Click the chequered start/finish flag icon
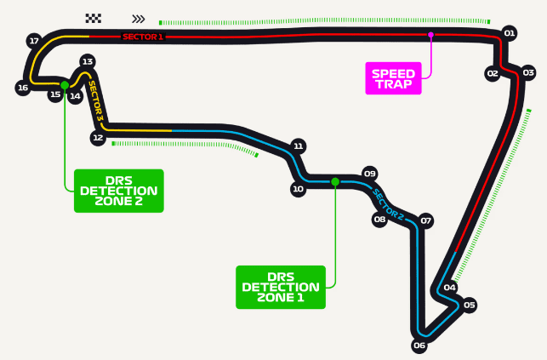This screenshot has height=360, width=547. coord(94,19)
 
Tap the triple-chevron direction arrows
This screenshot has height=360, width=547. coord(139,19)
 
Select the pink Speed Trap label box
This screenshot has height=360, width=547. coord(394,78)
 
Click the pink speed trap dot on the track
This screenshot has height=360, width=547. coord(430,35)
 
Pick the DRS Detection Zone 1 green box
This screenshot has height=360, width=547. coord(281,287)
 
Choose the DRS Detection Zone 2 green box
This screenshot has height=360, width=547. coord(119,191)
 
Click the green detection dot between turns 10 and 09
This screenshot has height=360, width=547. coord(335,182)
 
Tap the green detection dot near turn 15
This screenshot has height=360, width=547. coord(65,85)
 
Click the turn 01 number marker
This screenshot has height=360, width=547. coord(510,33)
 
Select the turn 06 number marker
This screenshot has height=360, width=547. coord(419,346)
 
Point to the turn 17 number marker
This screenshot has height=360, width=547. coord(34,41)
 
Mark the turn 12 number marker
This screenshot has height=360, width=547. coord(98,138)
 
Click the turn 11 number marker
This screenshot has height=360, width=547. coord(299,146)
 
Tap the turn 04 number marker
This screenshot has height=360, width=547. coord(450,288)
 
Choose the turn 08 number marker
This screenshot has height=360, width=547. coord(379,220)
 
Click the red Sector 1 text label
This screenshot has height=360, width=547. coord(143,37)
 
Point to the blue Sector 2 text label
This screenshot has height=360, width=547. coord(388,205)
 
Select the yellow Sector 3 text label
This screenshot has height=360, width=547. coord(95,101)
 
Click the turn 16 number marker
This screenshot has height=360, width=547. coord(23,88)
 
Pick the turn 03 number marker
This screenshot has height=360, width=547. coord(528,72)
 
